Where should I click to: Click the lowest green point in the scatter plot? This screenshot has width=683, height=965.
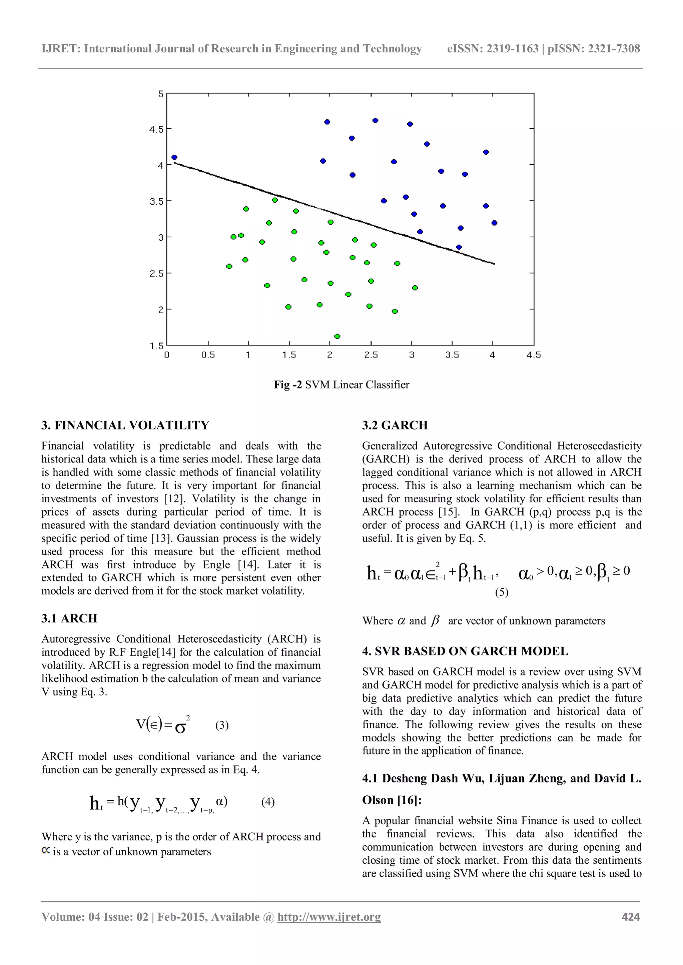pyautogui.click(x=337, y=336)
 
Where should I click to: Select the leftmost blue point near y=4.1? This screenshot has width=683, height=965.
pyautogui.click(x=174, y=158)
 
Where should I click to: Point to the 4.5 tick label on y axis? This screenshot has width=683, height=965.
pyautogui.click(x=156, y=129)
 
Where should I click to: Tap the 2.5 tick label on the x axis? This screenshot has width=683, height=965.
pyautogui.click(x=371, y=355)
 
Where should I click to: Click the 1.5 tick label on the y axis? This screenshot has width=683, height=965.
pyautogui.click(x=156, y=346)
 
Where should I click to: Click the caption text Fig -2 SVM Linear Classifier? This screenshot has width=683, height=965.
pyautogui.click(x=341, y=385)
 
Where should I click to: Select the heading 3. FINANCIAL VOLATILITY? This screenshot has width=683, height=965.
pyautogui.click(x=125, y=425)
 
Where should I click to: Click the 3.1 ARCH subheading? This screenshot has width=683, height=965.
pyautogui.click(x=69, y=618)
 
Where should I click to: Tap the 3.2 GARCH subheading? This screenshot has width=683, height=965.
pyautogui.click(x=395, y=425)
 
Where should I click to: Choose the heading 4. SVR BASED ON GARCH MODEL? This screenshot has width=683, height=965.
pyautogui.click(x=465, y=651)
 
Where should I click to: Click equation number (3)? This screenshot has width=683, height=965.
pyautogui.click(x=222, y=725)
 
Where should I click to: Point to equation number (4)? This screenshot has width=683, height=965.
pyautogui.click(x=268, y=802)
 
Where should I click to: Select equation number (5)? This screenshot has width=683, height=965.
pyautogui.click(x=501, y=592)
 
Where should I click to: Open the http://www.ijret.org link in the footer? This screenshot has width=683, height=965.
pyautogui.click(x=329, y=917)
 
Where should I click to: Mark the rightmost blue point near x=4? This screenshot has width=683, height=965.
pyautogui.click(x=494, y=223)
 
